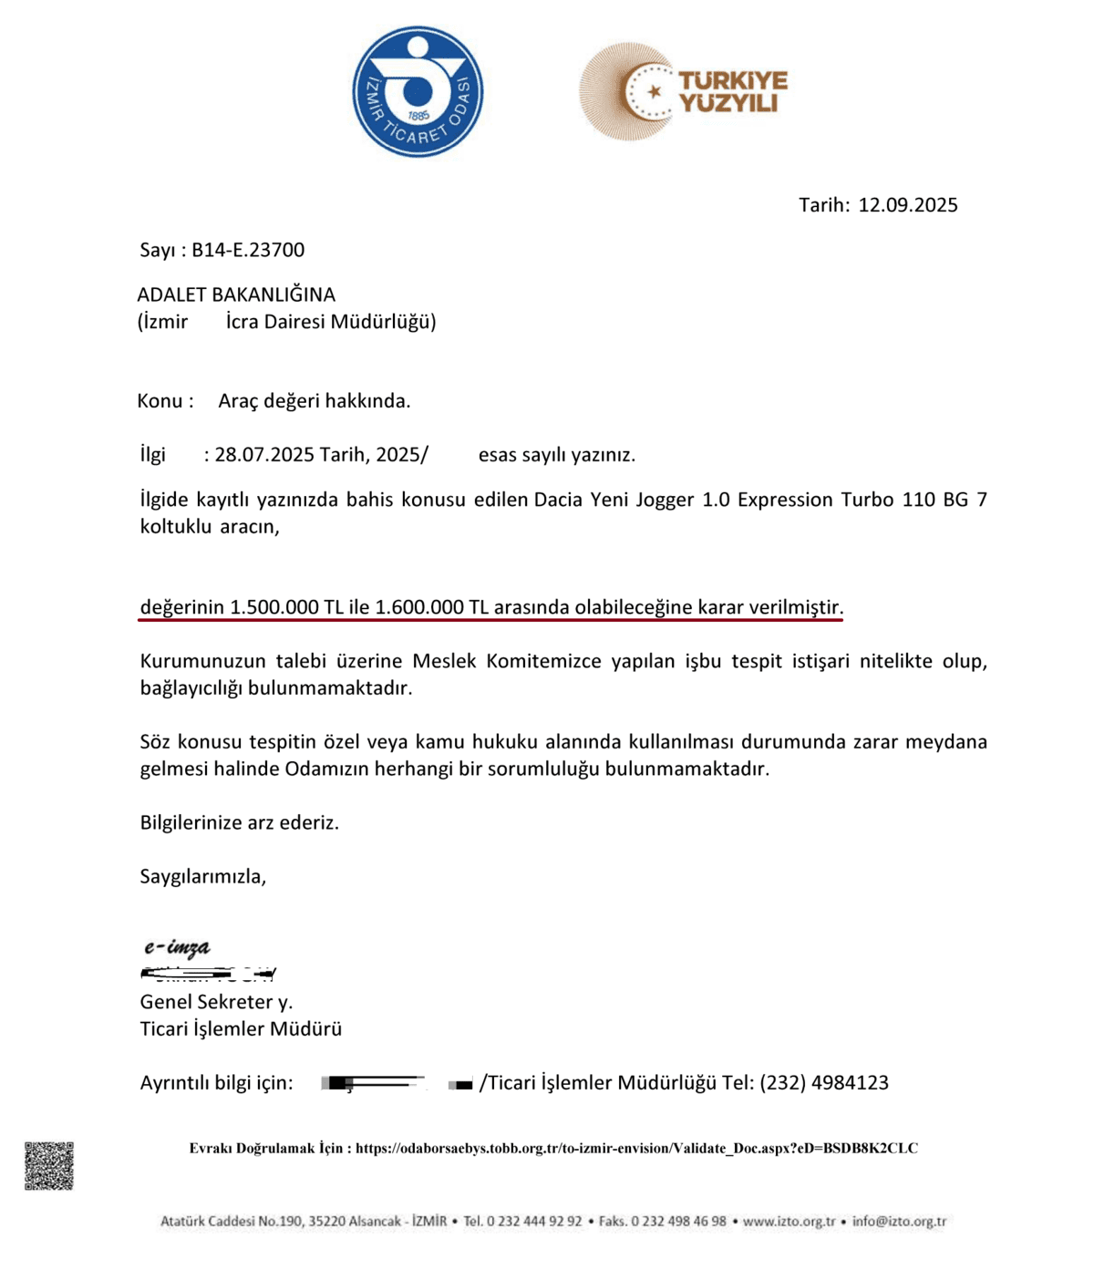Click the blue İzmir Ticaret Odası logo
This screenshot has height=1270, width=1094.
pyautogui.click(x=418, y=92)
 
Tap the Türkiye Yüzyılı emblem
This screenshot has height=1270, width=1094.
pyautogui.click(x=682, y=92)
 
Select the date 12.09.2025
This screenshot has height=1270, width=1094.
pyautogui.click(x=908, y=205)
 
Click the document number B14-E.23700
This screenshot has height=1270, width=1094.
pyautogui.click(x=248, y=250)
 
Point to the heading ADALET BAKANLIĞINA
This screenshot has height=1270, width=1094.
pyautogui.click(x=236, y=294)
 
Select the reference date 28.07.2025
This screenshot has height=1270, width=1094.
pyautogui.click(x=264, y=455)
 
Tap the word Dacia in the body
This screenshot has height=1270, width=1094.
pyautogui.click(x=559, y=500)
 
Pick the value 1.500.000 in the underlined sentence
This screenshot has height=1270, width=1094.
pyautogui.click(x=273, y=607)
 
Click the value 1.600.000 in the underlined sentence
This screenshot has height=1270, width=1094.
pyautogui.click(x=419, y=607)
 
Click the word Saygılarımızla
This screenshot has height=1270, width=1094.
pyautogui.click(x=202, y=877)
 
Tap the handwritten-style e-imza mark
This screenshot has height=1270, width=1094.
pyautogui.click(x=177, y=948)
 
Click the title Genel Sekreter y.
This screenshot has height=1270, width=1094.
pyautogui.click(x=216, y=1002)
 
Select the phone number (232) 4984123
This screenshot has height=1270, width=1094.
pyautogui.click(x=824, y=1083)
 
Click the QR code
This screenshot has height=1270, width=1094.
pyautogui.click(x=49, y=1166)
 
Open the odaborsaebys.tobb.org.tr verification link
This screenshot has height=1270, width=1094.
pyautogui.click(x=636, y=1149)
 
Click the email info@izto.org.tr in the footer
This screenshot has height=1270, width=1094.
pyautogui.click(x=899, y=1222)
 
